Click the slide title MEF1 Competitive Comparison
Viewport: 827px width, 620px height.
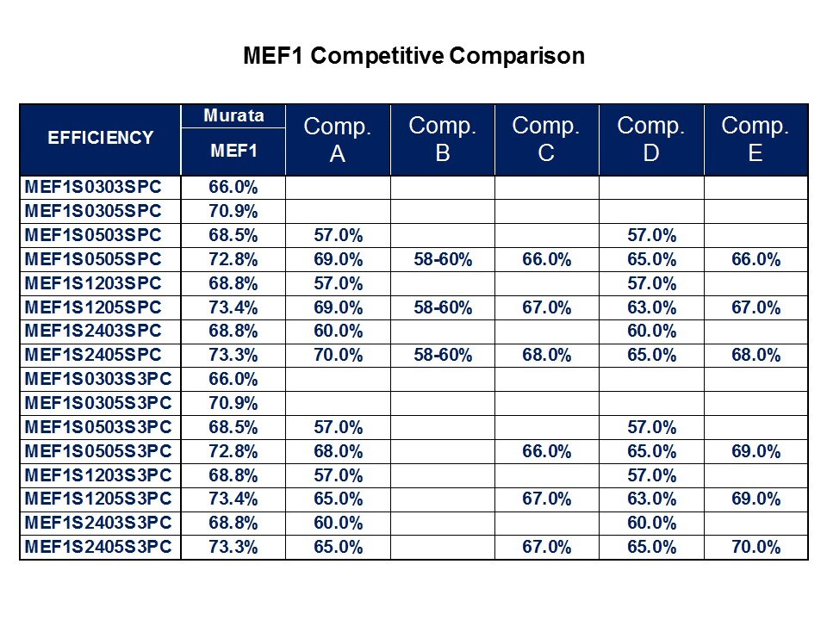point(413,57)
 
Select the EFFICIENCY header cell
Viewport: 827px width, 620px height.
point(101,138)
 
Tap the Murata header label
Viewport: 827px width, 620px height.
point(233,115)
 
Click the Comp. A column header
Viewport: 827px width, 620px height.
point(338,139)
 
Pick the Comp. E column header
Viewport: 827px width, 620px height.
point(755,139)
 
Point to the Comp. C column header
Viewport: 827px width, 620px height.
point(546,139)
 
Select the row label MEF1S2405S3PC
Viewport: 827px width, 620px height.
point(99,547)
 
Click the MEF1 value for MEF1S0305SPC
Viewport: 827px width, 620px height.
point(233,211)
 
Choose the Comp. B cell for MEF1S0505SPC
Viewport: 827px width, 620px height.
point(443,259)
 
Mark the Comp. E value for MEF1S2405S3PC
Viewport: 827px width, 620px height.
point(755,547)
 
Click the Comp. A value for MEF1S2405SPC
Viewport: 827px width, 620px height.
point(338,355)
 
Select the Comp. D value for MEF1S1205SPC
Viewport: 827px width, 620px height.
point(651,307)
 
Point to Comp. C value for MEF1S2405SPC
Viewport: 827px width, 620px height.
point(546,355)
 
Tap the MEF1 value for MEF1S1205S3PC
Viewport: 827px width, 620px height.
point(233,499)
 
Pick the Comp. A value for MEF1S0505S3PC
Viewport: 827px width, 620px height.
point(338,451)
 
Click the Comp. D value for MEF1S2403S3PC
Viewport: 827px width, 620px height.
point(651,523)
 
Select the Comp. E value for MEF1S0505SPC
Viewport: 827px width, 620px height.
point(755,259)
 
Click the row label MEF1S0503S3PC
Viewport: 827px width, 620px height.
point(99,427)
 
